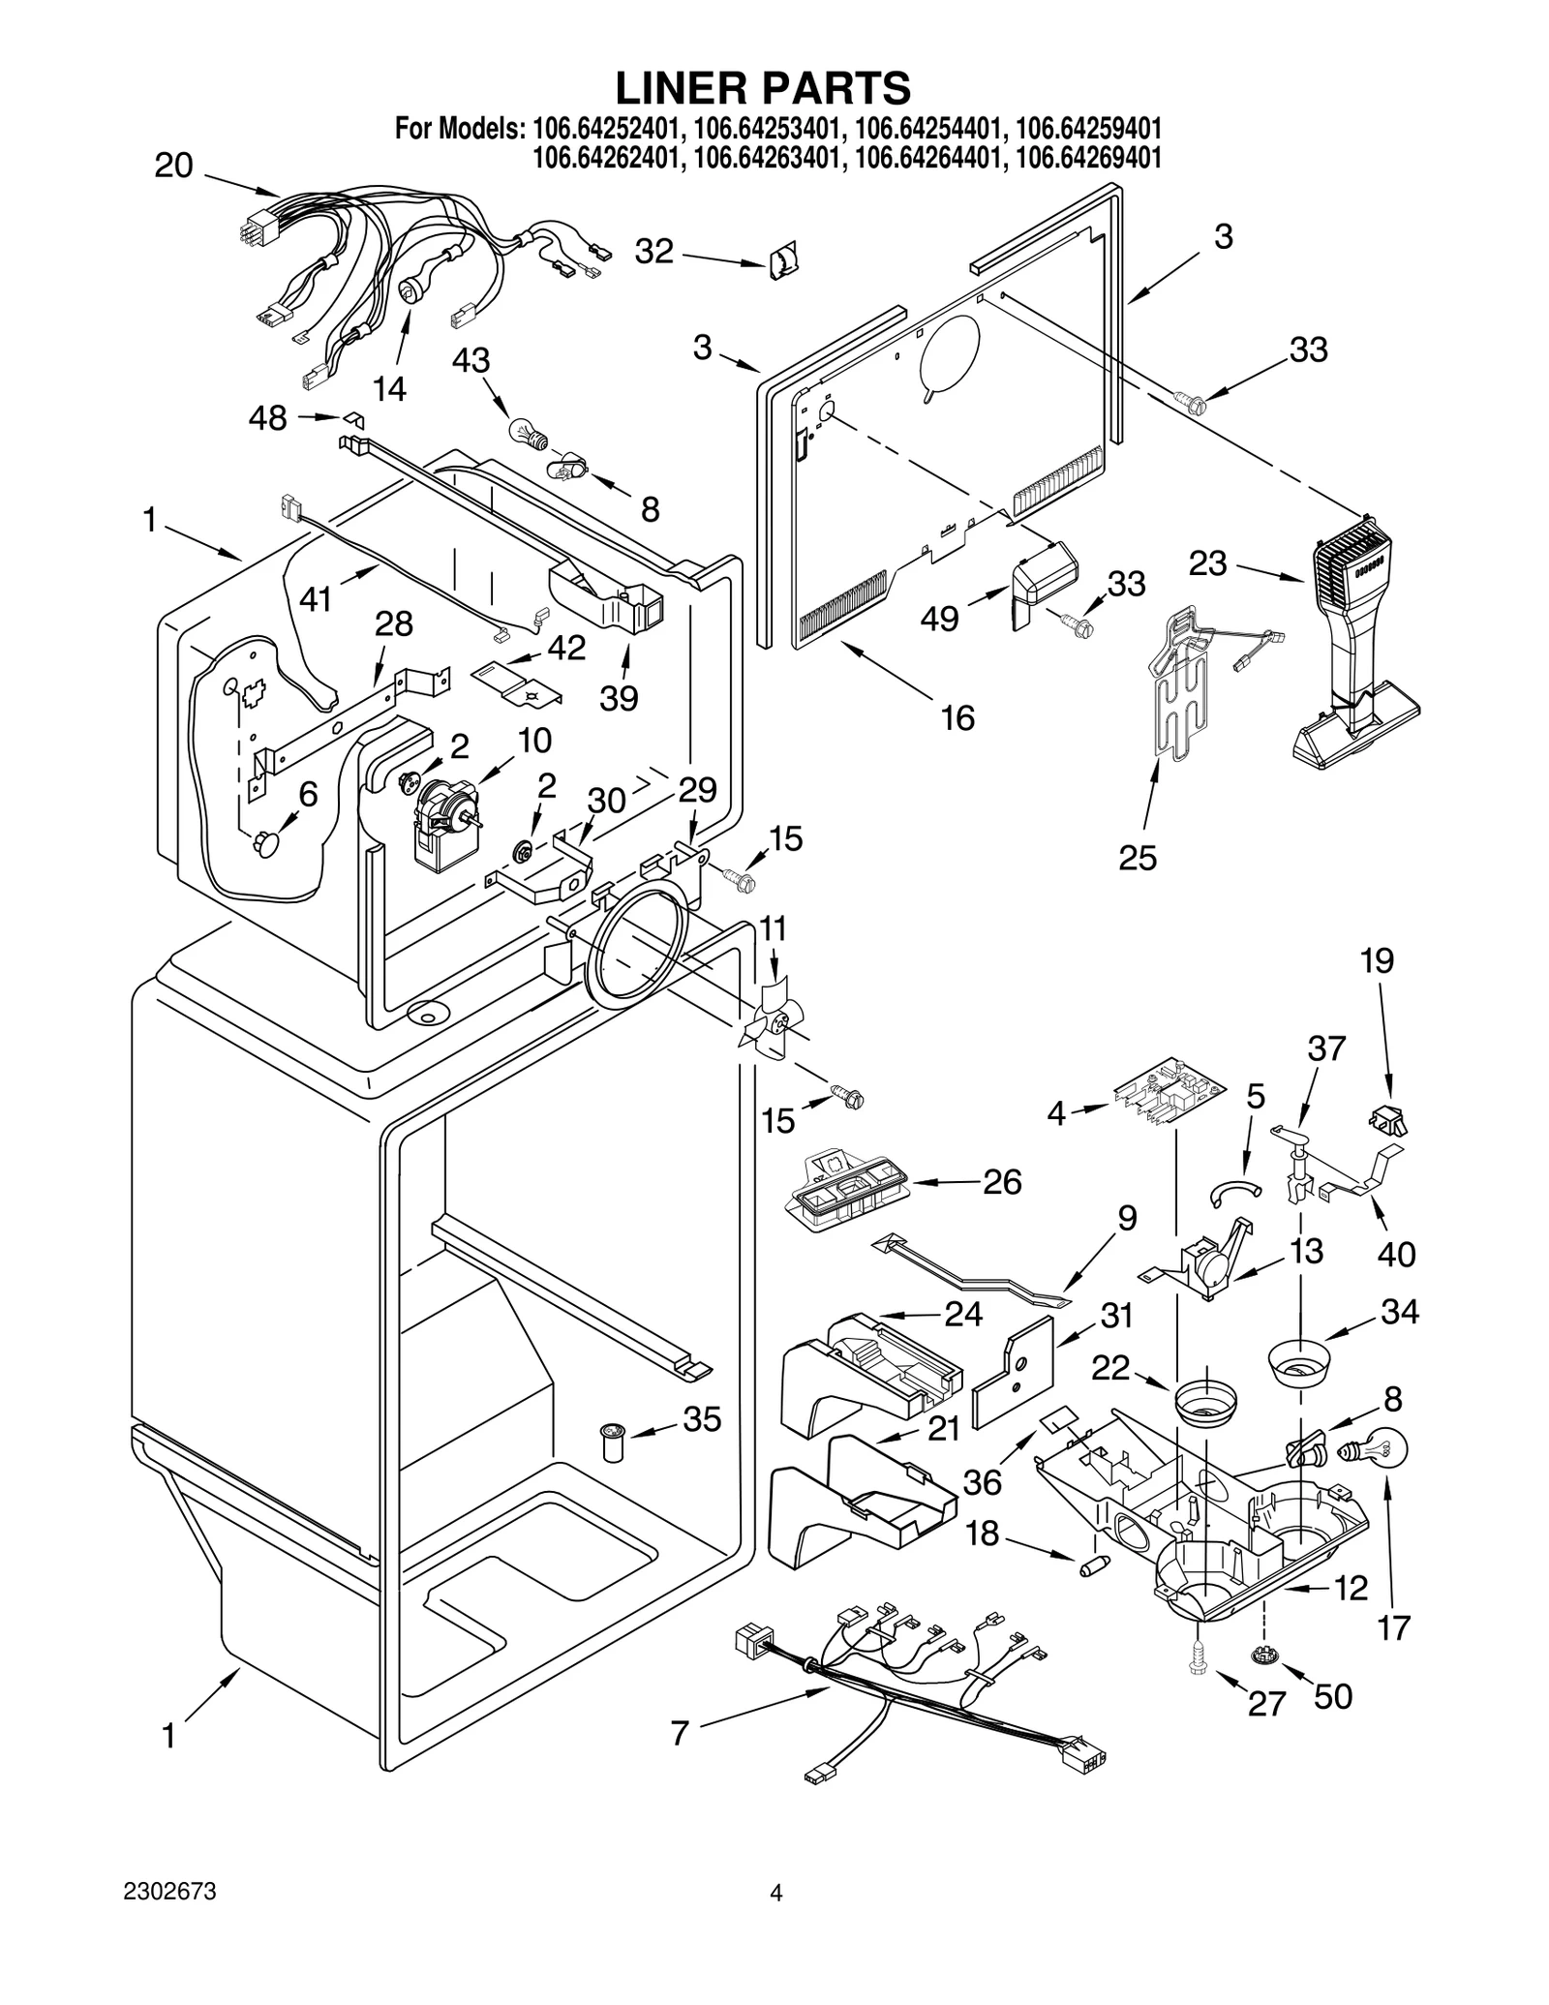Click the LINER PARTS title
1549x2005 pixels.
click(763, 88)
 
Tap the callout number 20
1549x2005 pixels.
click(173, 167)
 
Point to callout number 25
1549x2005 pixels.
click(1138, 858)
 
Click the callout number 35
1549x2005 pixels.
click(702, 1419)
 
